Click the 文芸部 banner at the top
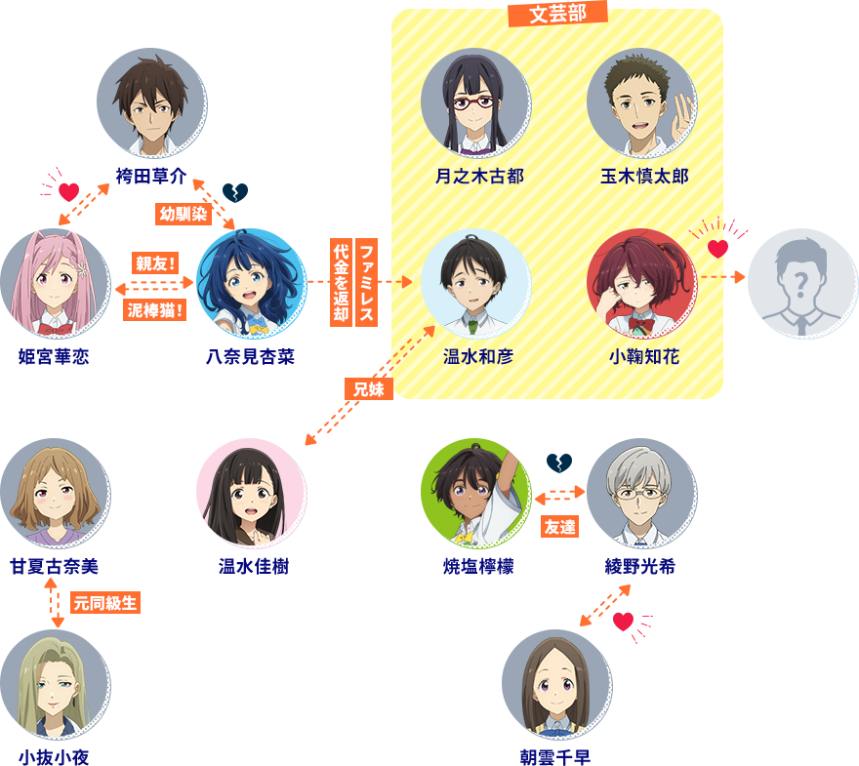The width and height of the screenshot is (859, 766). (557, 13)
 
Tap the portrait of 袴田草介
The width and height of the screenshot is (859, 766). (151, 102)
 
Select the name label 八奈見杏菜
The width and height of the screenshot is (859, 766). (250, 357)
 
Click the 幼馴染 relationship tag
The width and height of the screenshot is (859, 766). (183, 214)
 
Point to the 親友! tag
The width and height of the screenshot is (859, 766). (155, 263)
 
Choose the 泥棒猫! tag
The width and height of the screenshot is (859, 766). (155, 310)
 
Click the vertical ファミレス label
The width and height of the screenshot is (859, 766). (366, 283)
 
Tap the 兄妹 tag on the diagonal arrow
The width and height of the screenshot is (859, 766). (369, 389)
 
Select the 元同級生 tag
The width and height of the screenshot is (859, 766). (105, 603)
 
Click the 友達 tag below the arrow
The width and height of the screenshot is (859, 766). (560, 527)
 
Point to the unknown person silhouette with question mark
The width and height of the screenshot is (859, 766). (802, 283)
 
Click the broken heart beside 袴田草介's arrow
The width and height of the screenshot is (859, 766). (235, 192)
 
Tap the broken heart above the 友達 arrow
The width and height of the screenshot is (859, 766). (559, 464)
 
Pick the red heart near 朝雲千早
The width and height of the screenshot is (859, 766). (623, 622)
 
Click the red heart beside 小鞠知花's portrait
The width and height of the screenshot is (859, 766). (718, 249)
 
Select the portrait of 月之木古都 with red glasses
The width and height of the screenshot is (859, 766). (475, 102)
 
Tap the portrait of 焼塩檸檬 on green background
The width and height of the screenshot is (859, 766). (475, 494)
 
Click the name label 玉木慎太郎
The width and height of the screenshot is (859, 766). (644, 177)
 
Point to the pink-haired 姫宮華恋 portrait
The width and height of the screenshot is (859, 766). (56, 283)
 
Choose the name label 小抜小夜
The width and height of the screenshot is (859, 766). (54, 757)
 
